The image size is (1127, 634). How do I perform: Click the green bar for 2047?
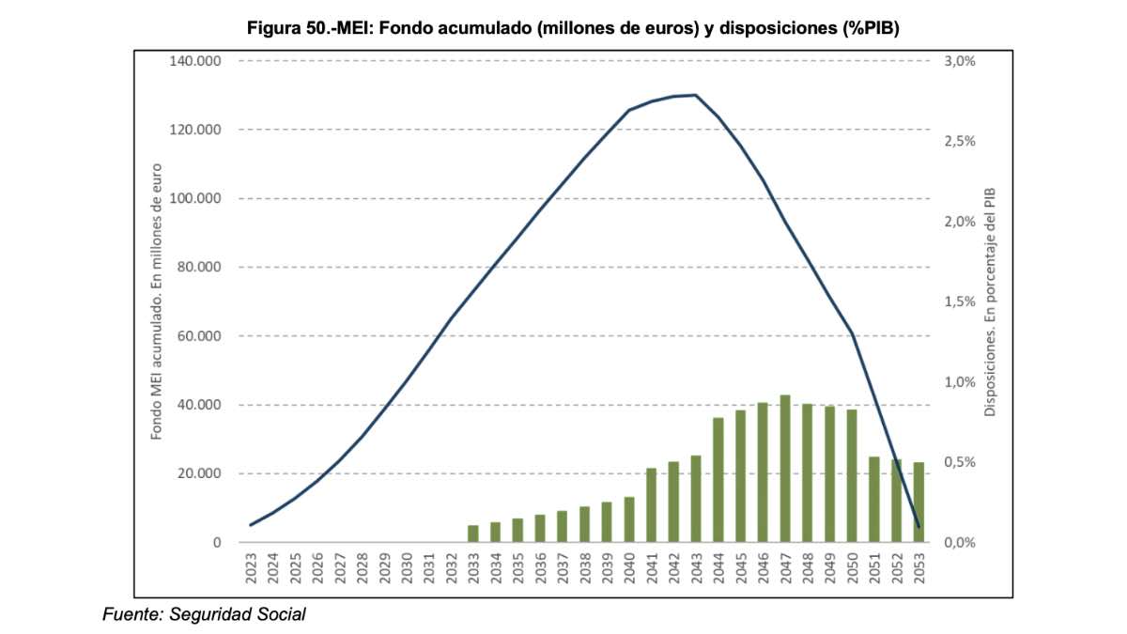pyautogui.click(x=785, y=469)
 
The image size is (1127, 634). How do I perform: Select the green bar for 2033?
pyautogui.click(x=473, y=533)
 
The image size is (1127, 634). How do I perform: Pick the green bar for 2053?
pyautogui.click(x=919, y=502)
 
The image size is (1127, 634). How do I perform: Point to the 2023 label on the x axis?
pyautogui.click(x=252, y=570)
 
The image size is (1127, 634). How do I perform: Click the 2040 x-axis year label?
pyautogui.click(x=629, y=570)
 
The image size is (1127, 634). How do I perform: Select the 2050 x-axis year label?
pyautogui.click(x=852, y=570)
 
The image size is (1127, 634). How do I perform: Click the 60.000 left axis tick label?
pyautogui.click(x=200, y=336)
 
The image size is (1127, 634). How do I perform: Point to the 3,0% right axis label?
pyautogui.click(x=958, y=61)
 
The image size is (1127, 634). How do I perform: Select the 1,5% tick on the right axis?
pyautogui.click(x=958, y=302)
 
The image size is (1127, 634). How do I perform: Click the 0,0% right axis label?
pyautogui.click(x=958, y=543)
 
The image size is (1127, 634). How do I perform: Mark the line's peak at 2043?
pyautogui.click(x=696, y=95)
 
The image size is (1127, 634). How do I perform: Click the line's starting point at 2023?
pyautogui.click(x=251, y=525)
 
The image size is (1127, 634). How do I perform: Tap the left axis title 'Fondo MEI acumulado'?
pyautogui.click(x=157, y=302)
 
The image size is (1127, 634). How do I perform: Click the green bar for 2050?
pyautogui.click(x=852, y=476)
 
